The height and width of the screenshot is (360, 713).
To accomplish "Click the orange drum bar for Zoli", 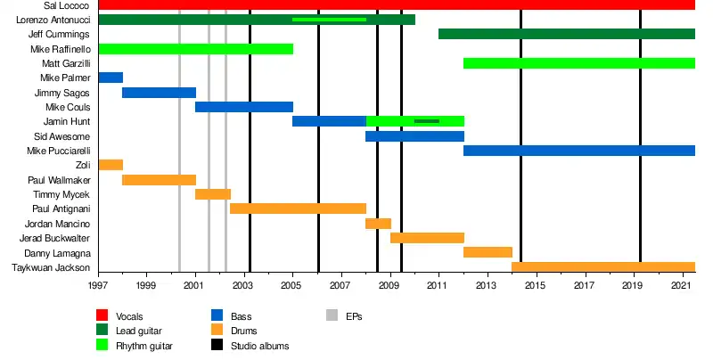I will [111, 165].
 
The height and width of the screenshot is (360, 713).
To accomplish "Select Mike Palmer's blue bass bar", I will [111, 78].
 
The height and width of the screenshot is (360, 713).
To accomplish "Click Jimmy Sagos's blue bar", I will [159, 93].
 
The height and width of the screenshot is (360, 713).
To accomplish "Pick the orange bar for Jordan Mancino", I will [378, 224].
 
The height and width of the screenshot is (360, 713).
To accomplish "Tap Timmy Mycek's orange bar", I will [213, 194].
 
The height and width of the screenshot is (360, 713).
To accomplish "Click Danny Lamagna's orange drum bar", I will [488, 252].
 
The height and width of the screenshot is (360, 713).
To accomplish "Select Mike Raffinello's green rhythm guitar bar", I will [195, 48].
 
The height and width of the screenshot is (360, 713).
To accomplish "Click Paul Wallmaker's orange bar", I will [159, 180].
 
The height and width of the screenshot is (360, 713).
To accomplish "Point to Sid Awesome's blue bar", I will [414, 136].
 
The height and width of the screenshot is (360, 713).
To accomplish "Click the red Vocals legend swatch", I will [103, 315].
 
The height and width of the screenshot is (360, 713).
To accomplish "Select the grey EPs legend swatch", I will [332, 315].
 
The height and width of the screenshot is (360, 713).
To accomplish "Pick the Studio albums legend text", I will [259, 346].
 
